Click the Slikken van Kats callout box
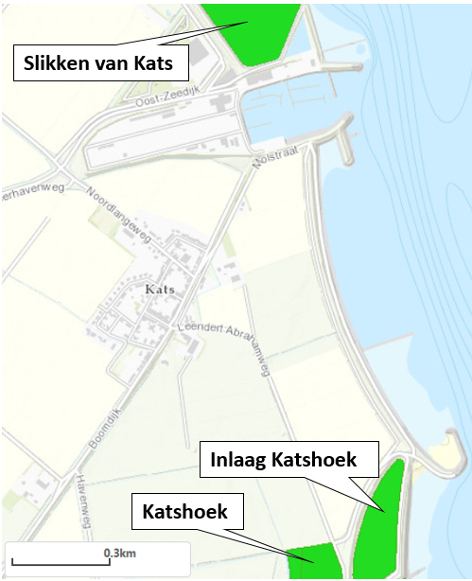click(100, 64)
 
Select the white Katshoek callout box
click(185, 513)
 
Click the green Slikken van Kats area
click(253, 28)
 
